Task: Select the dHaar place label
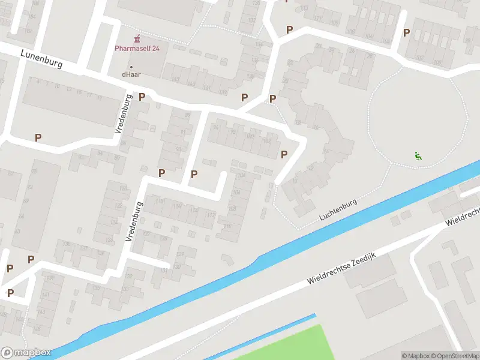pyautogui.click(x=131, y=75)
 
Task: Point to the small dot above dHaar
pyautogui.click(x=131, y=67)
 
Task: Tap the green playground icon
pyautogui.click(x=418, y=156)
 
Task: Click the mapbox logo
pyautogui.click(x=26, y=353)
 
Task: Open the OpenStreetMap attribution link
pyautogui.click(x=454, y=356)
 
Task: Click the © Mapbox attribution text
pyautogui.click(x=416, y=356)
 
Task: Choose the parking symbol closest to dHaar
pyautogui.click(x=142, y=97)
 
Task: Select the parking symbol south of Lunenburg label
pyautogui.click(x=38, y=137)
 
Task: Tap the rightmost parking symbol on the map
pyautogui.click(x=406, y=32)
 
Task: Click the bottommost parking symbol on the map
pyautogui.click(x=10, y=293)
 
